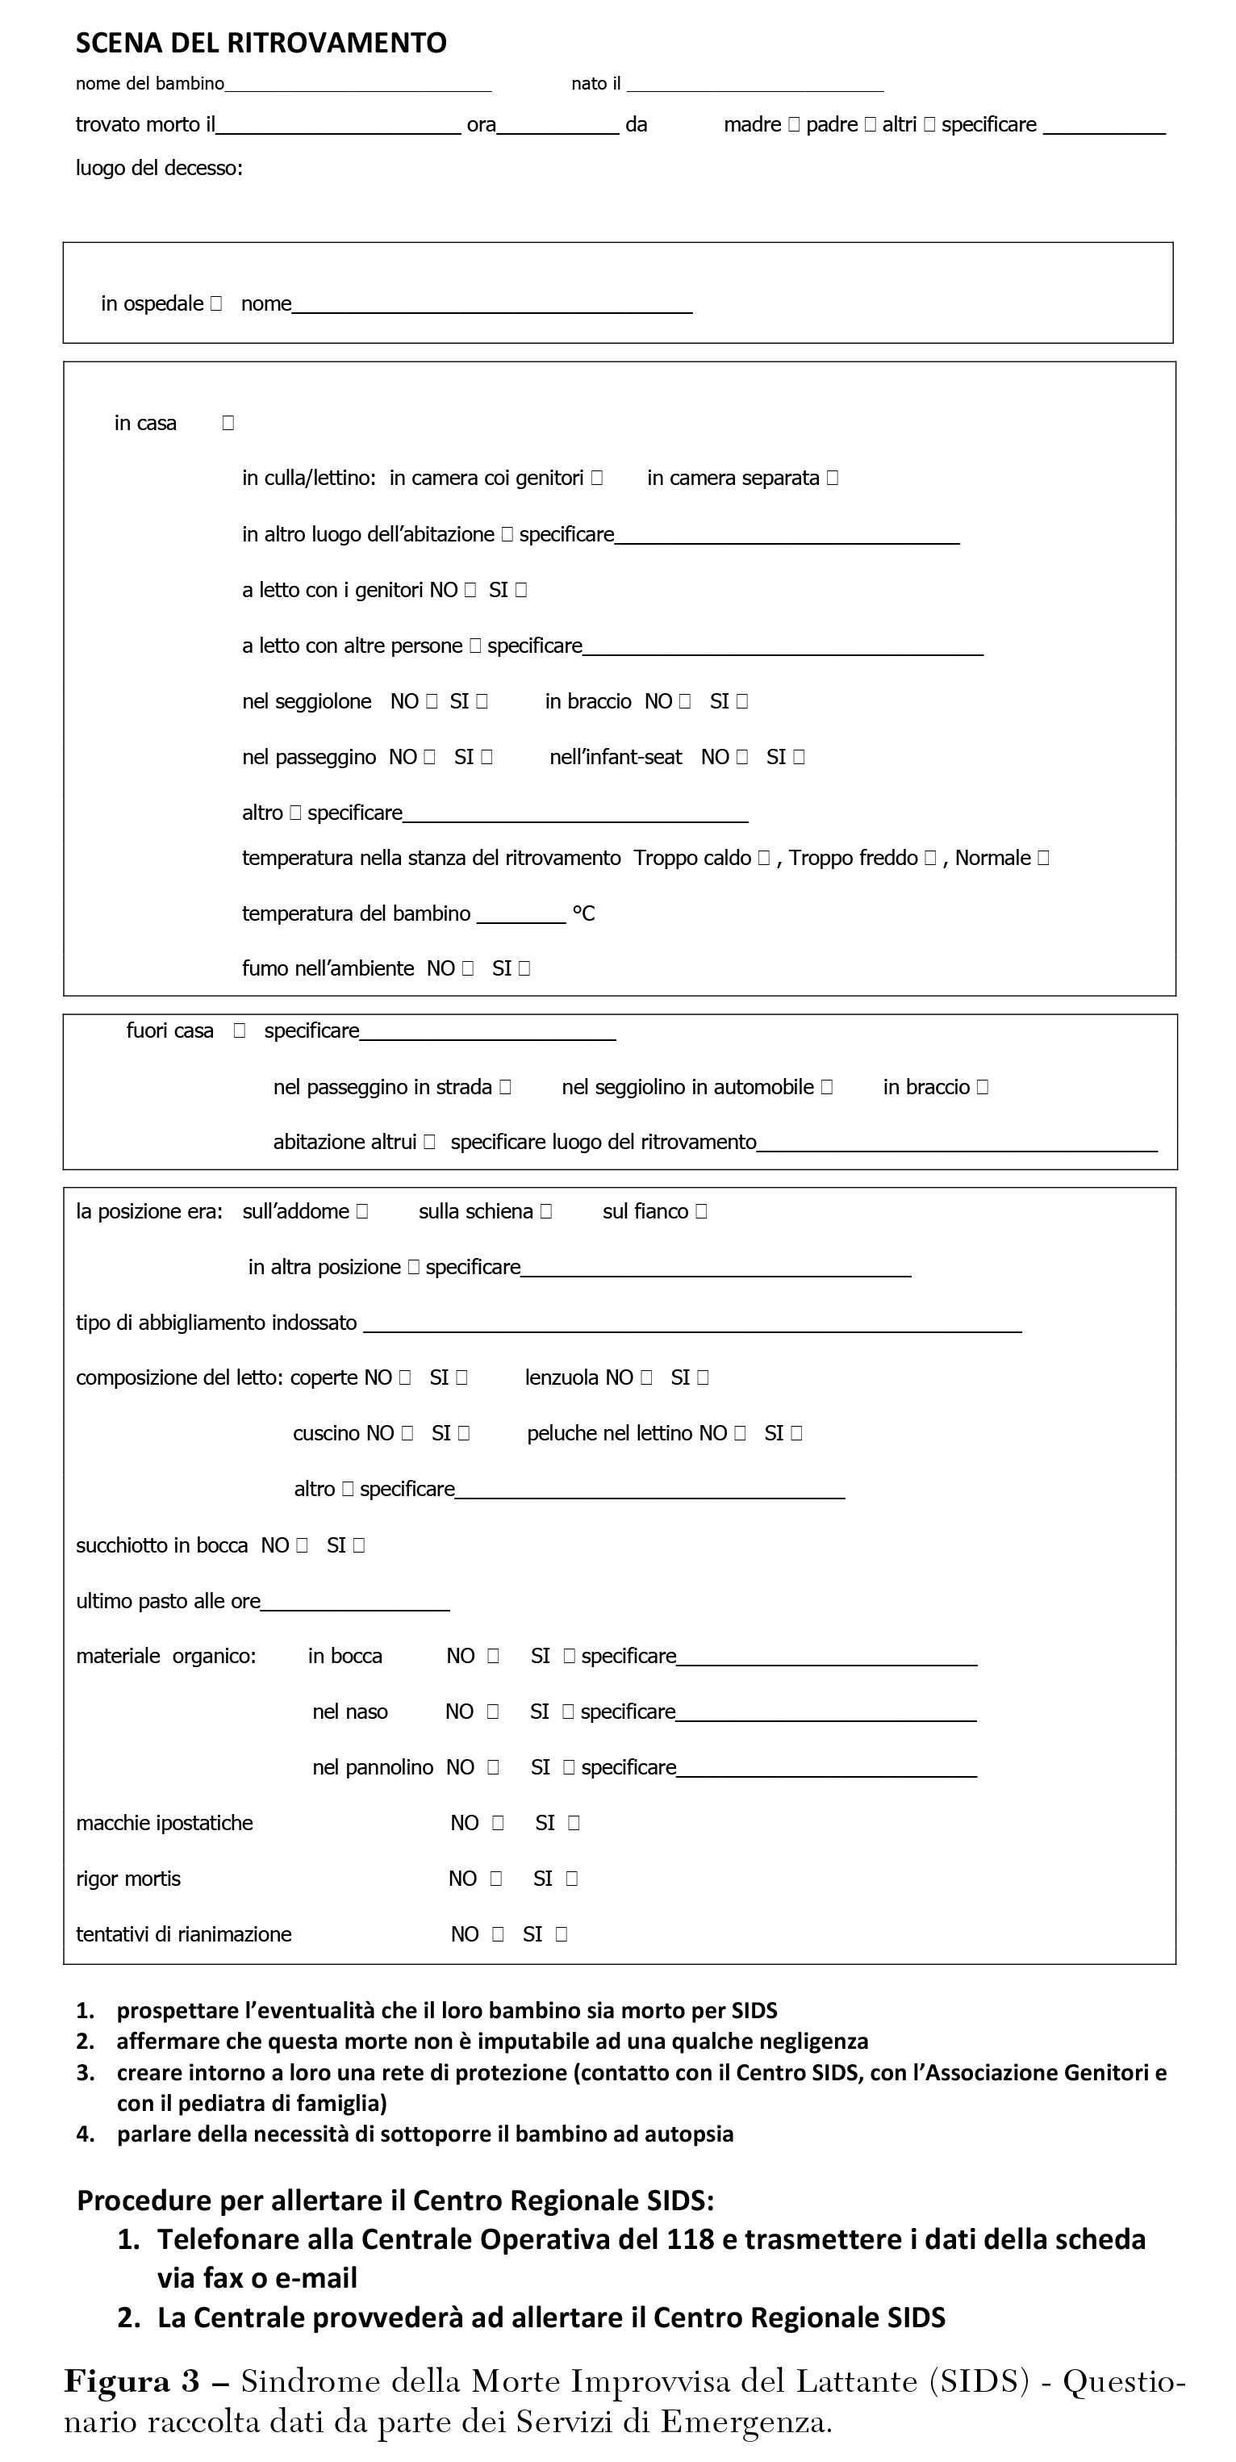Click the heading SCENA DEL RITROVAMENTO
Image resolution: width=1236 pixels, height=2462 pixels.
click(260, 43)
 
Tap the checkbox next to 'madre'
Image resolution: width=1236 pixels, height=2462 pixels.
click(793, 125)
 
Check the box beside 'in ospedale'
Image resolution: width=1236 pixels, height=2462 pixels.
click(216, 304)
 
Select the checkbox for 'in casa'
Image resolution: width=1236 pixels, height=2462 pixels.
click(228, 424)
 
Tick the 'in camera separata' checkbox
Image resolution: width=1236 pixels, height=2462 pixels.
click(833, 478)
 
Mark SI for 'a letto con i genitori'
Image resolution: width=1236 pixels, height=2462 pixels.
click(521, 591)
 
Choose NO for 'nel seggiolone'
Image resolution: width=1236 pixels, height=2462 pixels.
click(432, 701)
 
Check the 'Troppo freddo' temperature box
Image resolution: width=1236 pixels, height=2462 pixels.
click(930, 859)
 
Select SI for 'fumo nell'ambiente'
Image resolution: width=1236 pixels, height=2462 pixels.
click(524, 969)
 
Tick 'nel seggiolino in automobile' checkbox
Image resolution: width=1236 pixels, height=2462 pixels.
click(827, 1088)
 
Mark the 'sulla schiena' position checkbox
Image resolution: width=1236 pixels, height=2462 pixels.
click(546, 1212)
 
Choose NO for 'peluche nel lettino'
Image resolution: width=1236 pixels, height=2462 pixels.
click(740, 1434)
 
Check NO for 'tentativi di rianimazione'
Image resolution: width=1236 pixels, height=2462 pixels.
click(498, 1934)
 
